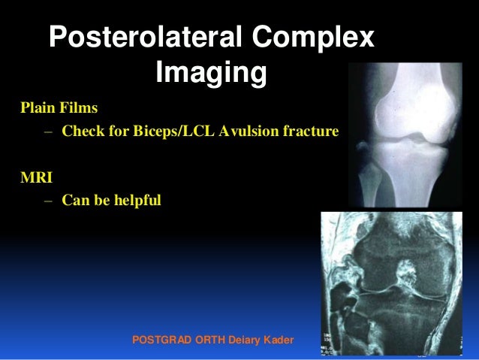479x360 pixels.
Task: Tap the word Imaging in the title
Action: coord(211,74)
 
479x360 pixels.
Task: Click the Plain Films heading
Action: coord(59,106)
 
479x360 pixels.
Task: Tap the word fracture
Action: coord(311,132)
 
